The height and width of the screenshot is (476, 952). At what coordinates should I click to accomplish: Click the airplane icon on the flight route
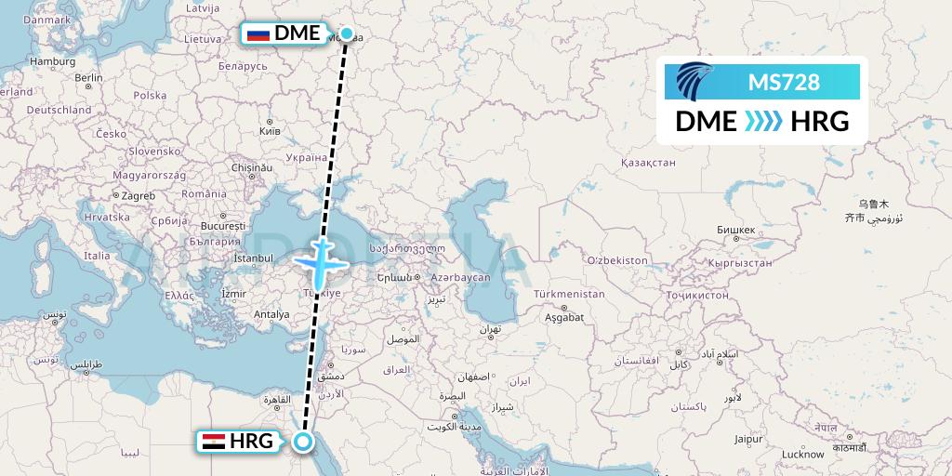[320, 261]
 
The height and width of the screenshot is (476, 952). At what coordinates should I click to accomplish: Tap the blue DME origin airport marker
[347, 34]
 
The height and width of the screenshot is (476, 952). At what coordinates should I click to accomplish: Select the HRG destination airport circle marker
[302, 442]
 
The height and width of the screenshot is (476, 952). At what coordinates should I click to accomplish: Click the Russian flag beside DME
[258, 34]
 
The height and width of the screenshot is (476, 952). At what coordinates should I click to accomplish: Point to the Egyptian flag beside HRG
[213, 442]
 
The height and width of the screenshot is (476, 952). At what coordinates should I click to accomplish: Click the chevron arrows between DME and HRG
[763, 121]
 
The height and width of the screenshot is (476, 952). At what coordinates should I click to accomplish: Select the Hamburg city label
[52, 61]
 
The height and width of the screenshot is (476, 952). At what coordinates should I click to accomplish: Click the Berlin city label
[89, 78]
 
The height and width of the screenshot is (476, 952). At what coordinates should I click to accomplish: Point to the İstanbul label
[254, 258]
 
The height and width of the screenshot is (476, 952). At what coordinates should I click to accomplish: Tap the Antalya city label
[273, 314]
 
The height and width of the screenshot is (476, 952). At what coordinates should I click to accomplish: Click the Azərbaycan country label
[459, 278]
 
